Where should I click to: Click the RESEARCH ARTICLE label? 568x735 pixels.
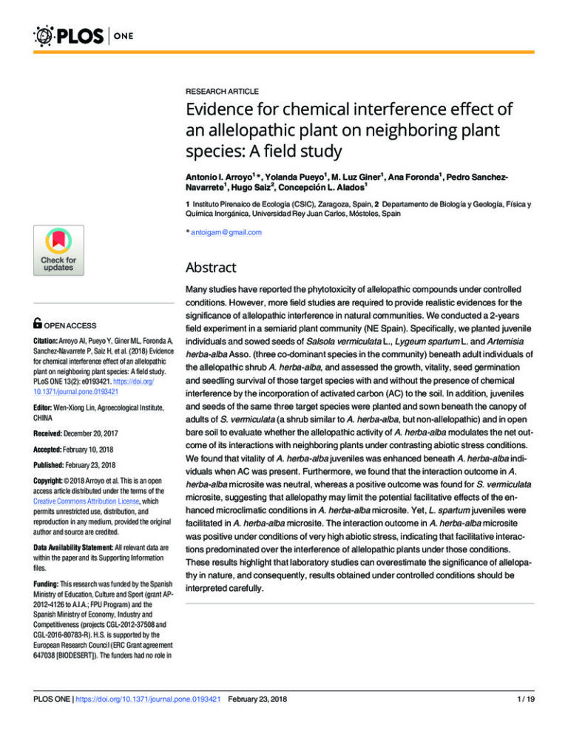click(222, 91)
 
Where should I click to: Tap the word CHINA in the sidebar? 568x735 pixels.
click(43, 408)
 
